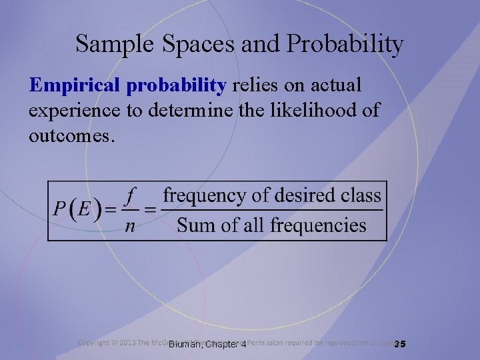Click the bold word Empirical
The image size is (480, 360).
click(73, 86)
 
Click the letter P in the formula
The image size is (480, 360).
click(59, 209)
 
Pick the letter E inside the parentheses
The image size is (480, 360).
click(83, 209)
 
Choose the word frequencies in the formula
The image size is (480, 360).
click(312, 225)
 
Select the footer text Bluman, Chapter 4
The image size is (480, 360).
click(207, 345)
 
